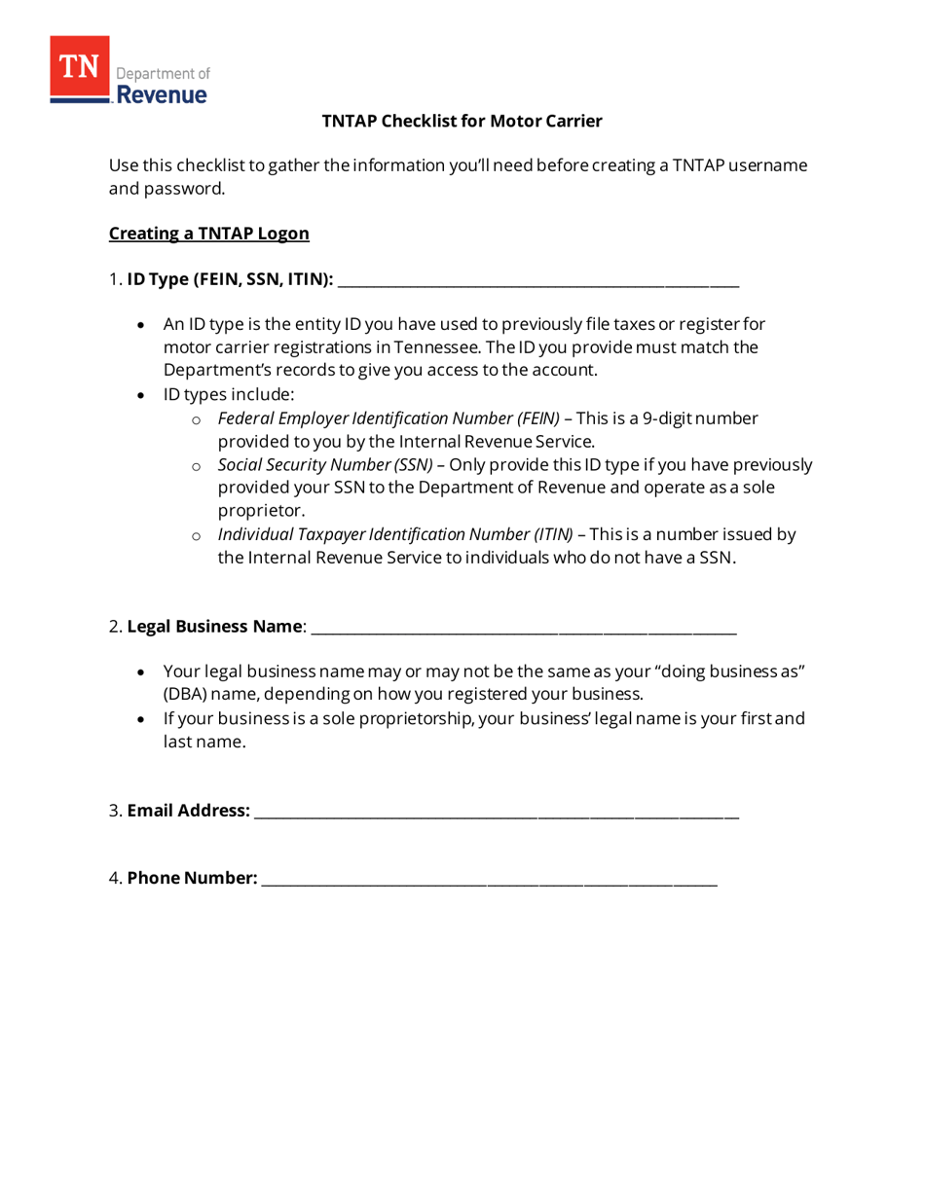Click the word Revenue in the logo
[x=162, y=94]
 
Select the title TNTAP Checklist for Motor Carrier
[x=462, y=121]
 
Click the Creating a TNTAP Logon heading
[x=208, y=234]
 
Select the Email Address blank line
[x=496, y=812]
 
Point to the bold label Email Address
[x=188, y=811]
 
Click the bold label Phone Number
[x=193, y=879]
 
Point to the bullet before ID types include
[x=143, y=395]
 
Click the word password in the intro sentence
[x=183, y=188]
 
